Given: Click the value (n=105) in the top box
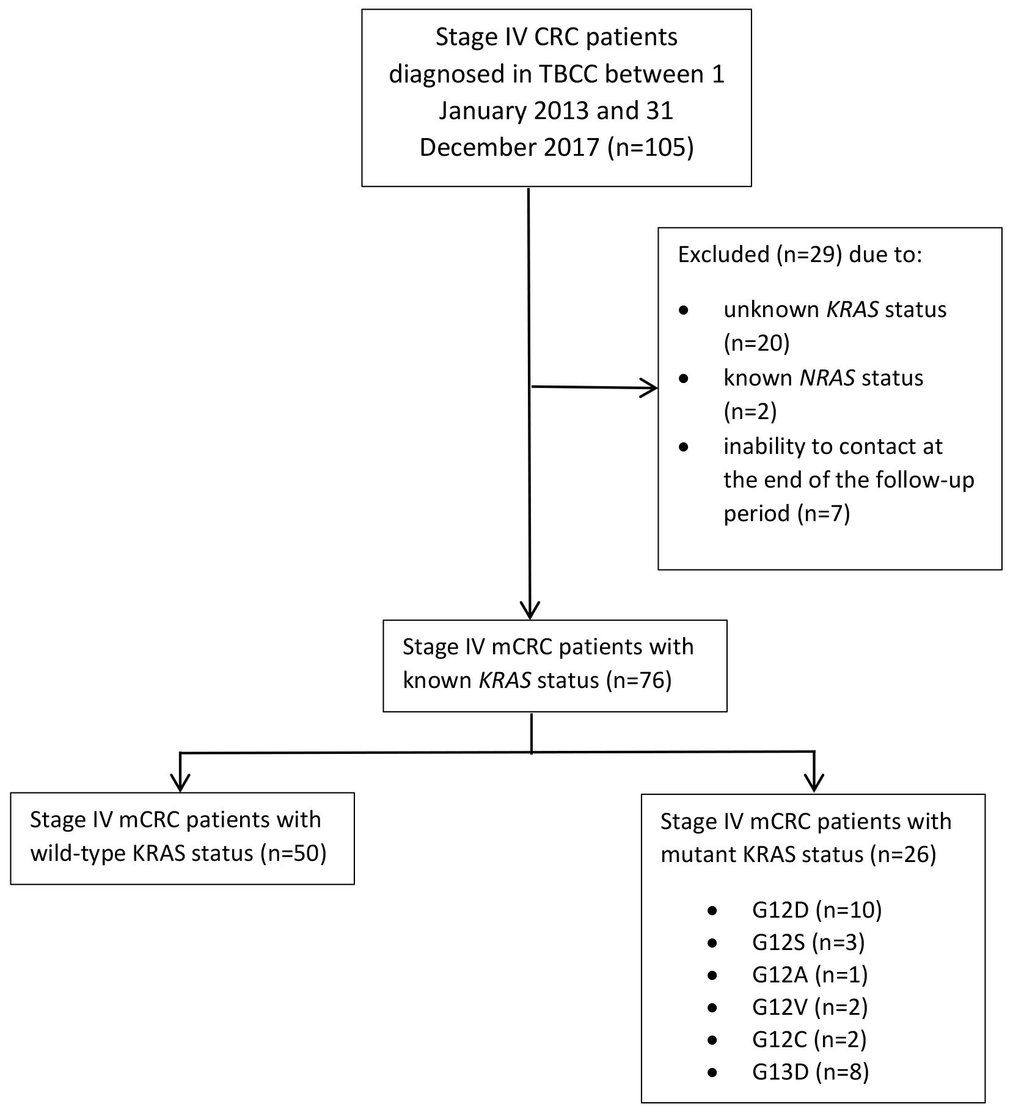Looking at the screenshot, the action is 651,148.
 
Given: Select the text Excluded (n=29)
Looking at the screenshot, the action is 757,254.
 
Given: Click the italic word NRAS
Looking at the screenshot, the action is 827,378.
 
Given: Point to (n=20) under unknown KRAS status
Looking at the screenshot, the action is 757,343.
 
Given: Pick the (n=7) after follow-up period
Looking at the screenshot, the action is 824,513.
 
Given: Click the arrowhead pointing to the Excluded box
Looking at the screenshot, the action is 649,387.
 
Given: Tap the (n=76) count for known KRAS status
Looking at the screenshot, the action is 639,680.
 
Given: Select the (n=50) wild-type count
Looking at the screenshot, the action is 293,853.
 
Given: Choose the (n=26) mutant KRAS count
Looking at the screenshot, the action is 903,854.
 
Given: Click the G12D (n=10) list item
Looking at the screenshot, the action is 817,910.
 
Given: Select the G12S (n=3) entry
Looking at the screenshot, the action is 808,943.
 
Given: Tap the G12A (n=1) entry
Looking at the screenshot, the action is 810,975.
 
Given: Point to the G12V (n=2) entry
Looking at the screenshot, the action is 810,1007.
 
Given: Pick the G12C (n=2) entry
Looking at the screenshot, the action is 809,1040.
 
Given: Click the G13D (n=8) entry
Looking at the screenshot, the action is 810,1072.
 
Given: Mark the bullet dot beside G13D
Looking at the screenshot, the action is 712,1073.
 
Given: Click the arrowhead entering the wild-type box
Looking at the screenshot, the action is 181,782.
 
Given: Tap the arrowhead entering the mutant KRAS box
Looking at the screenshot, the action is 814,783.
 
